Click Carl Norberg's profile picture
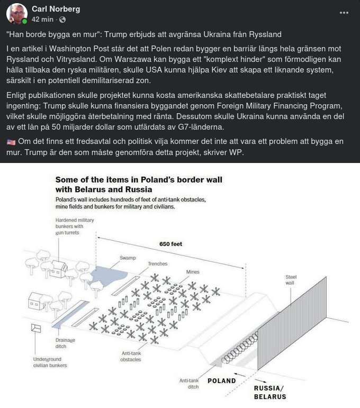tap(17, 13)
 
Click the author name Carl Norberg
tap(56, 9)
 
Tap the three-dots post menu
tap(344, 13)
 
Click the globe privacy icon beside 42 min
tap(62, 20)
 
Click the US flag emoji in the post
tap(12, 141)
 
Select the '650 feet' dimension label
tap(170, 244)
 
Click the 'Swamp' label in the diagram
tap(128, 258)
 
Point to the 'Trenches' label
tap(157, 264)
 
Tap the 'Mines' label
tap(193, 272)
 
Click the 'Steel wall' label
tap(291, 279)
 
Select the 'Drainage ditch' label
tap(65, 343)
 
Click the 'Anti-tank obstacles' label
tap(131, 356)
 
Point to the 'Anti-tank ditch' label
tap(189, 384)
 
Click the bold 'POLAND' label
tap(221, 380)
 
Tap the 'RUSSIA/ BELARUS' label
tap(269, 393)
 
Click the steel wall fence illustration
tap(296, 328)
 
